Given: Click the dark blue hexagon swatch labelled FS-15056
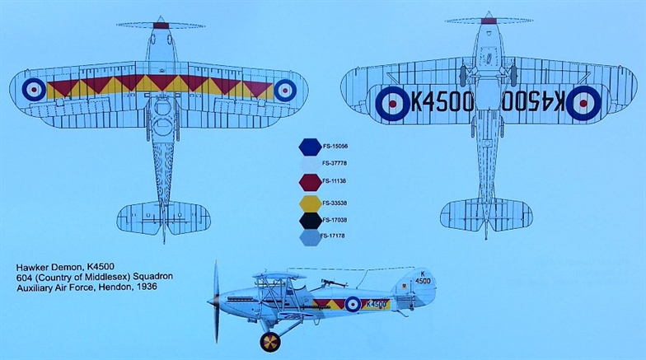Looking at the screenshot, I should (310, 147).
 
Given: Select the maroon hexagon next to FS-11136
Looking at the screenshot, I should (310, 181).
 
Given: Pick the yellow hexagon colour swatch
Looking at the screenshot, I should (310, 201).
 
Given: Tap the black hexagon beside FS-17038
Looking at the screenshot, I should (310, 220).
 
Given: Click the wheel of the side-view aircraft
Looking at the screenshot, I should (269, 341).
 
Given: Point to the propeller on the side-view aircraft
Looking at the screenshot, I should (217, 302).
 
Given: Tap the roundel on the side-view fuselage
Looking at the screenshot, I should (353, 304).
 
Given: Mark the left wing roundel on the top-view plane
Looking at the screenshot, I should (34, 90).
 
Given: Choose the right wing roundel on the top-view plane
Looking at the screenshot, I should (284, 90).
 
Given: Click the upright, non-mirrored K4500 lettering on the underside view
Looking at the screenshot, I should (442, 102).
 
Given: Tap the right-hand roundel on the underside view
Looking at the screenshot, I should (582, 102).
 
